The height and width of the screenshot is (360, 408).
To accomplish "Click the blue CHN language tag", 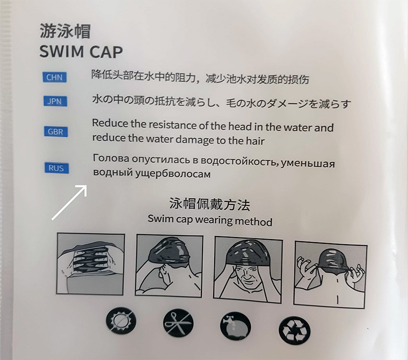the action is (55, 78).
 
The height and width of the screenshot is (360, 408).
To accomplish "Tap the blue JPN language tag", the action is (55, 101).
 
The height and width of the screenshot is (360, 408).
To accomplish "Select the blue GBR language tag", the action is (56, 132).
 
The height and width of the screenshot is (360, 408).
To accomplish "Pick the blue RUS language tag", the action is (57, 168).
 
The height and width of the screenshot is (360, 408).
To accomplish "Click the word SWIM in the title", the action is (61, 52).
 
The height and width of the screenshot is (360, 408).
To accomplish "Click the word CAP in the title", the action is (106, 52).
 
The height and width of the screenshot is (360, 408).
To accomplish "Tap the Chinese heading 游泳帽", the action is (65, 31).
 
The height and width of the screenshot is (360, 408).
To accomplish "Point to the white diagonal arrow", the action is (69, 202).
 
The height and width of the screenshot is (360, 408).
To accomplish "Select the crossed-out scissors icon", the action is (178, 323).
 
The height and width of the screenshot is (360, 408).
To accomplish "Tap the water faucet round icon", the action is (236, 326).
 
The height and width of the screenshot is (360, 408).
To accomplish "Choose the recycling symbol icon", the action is (295, 330).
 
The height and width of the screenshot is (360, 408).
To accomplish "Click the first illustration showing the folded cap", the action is (90, 264).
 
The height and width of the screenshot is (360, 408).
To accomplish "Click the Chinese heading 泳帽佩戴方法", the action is (210, 204).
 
